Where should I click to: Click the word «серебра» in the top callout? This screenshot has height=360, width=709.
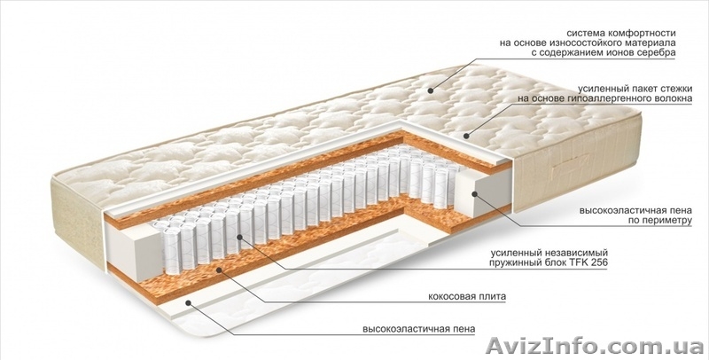658,53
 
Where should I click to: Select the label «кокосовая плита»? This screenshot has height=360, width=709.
467,297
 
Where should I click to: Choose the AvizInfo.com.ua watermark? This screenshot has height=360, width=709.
594,347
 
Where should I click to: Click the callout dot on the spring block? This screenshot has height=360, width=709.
238,237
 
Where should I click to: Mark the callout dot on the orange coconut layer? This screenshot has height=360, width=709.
219,270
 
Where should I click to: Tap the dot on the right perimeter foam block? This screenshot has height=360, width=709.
475,194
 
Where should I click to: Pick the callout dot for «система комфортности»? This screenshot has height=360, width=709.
431,90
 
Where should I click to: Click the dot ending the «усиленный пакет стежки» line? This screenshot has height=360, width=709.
466,135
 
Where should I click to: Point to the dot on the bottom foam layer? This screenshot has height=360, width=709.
188,301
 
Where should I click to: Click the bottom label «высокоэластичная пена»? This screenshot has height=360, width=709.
418,329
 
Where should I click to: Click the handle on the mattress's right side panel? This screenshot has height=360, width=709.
571,168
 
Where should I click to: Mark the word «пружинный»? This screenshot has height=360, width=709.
512,262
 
